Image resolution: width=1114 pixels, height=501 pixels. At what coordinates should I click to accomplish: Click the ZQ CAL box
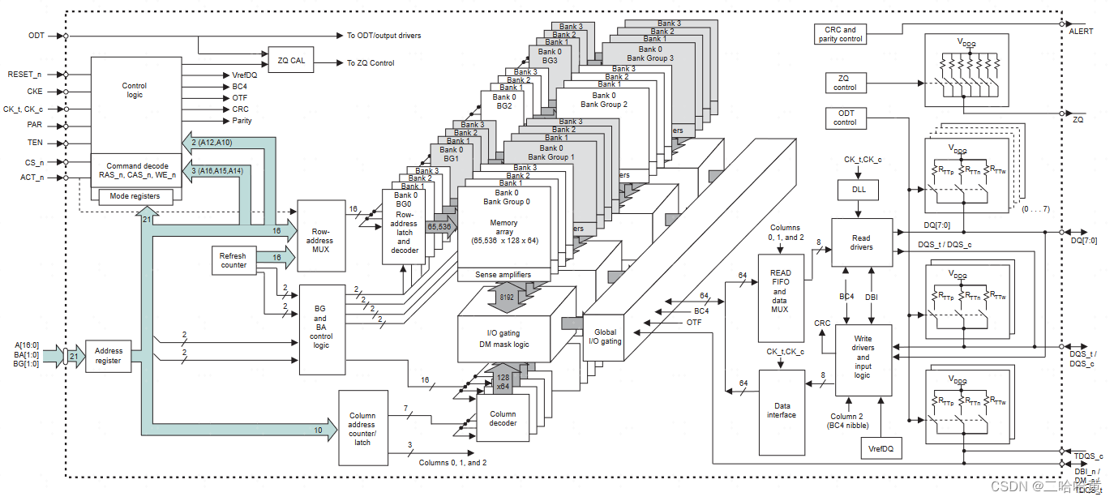coord(291,60)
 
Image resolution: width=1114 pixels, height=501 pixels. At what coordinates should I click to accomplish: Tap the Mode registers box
coord(135,196)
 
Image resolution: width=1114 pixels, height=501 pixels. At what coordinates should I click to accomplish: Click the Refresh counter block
coord(233,260)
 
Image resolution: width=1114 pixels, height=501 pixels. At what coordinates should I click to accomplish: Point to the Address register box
coord(108,356)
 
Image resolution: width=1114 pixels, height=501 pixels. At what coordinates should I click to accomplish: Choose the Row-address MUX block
coord(323,236)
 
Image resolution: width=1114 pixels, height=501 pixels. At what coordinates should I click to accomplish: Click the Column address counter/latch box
coord(362,428)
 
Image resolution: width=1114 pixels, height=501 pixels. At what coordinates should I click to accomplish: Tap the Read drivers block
coord(862,242)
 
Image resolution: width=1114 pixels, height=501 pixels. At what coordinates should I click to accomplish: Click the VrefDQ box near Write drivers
coord(880,447)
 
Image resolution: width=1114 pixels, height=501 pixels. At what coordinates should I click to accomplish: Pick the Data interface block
coord(782,410)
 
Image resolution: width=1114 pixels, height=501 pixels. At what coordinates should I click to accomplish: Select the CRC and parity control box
coord(839,34)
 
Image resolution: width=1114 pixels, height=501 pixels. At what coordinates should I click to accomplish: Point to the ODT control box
coord(844,118)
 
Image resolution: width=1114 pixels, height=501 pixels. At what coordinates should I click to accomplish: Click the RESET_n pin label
coord(24,74)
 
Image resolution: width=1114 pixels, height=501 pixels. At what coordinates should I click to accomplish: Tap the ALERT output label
coord(1081,32)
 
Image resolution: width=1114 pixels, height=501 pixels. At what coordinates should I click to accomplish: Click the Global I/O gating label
coord(604,336)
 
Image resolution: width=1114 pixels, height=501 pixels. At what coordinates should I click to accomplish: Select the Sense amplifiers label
coord(503,275)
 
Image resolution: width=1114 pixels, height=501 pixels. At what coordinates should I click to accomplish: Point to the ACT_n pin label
coord(31,178)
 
